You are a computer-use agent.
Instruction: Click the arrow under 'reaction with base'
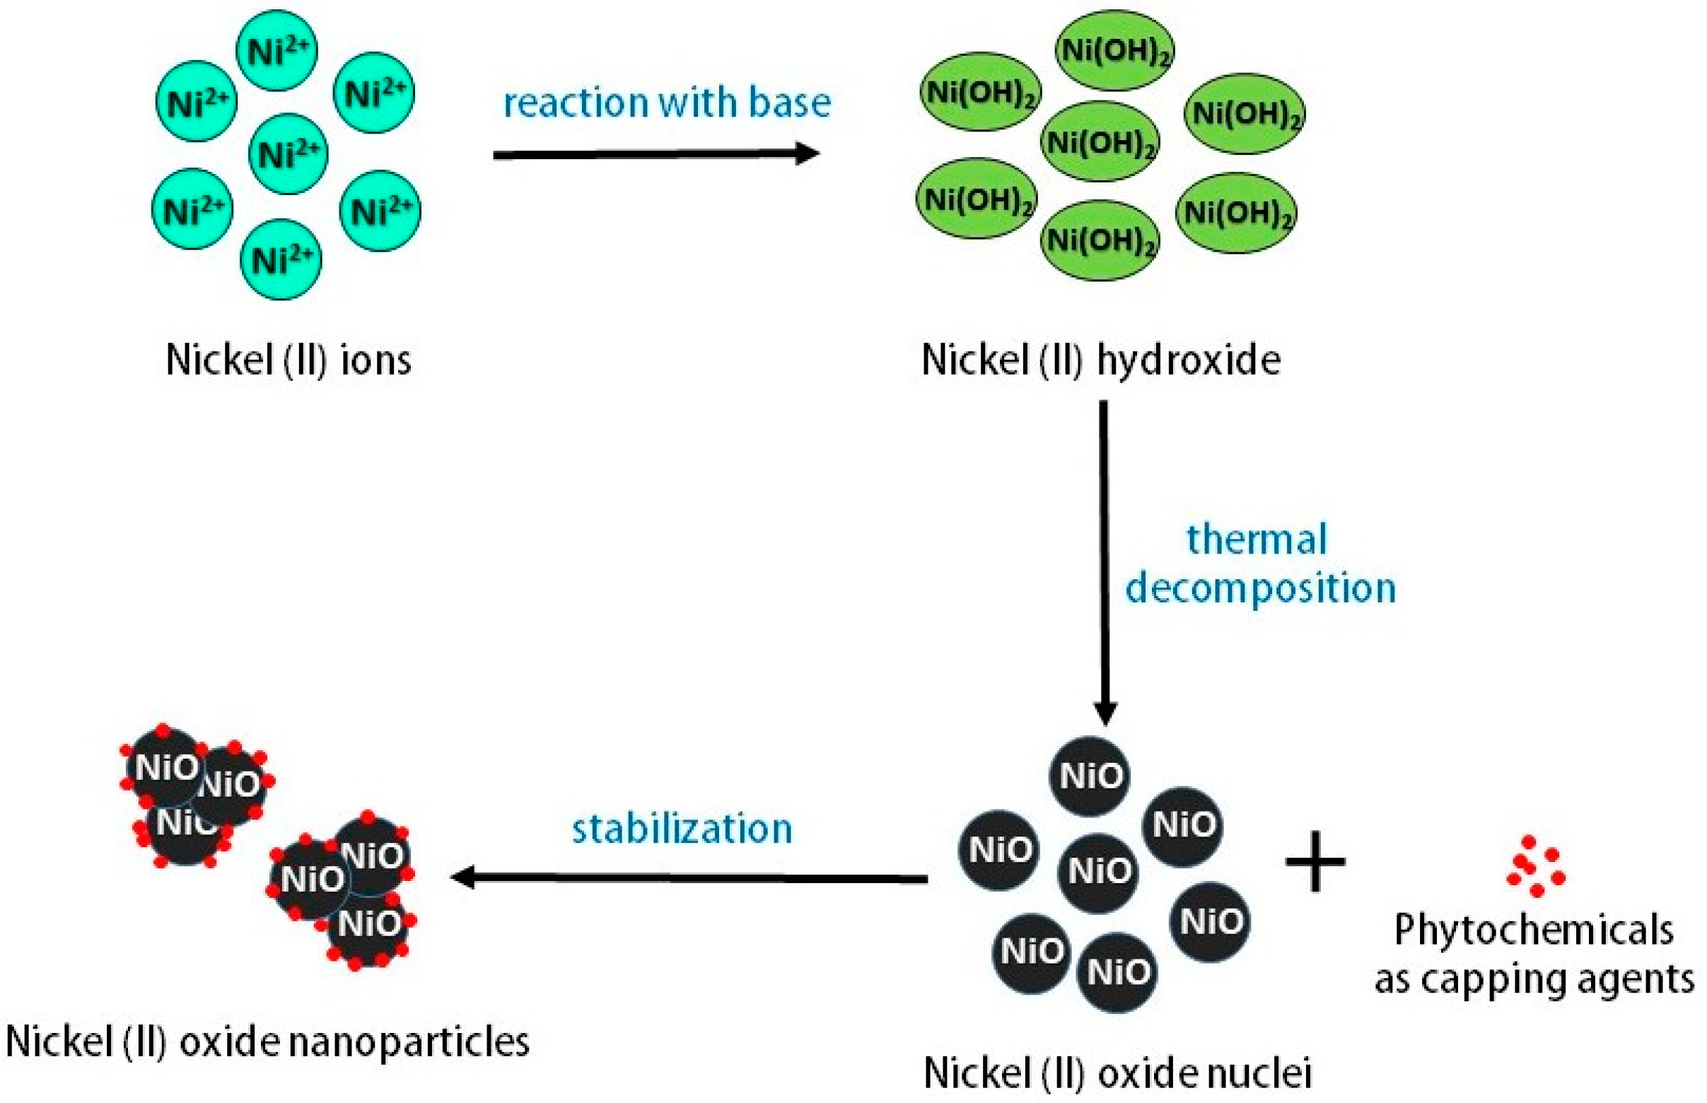(x=656, y=154)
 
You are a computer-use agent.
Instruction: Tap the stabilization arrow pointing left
(x=687, y=877)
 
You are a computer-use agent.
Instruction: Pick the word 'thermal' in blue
(x=1257, y=539)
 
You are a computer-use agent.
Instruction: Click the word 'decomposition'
(x=1261, y=589)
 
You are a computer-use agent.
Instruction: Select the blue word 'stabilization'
(x=682, y=829)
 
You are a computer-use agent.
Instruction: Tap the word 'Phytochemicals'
(x=1534, y=931)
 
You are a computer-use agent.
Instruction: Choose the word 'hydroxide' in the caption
(x=1189, y=360)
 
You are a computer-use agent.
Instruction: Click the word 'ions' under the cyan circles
(x=376, y=360)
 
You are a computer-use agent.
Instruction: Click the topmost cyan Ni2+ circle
(x=276, y=51)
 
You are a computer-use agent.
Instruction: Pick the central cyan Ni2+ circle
(x=288, y=153)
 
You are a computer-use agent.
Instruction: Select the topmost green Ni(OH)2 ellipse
(x=1114, y=50)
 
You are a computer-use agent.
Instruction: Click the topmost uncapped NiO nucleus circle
(x=1090, y=776)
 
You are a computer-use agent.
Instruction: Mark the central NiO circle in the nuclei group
(x=1098, y=872)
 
